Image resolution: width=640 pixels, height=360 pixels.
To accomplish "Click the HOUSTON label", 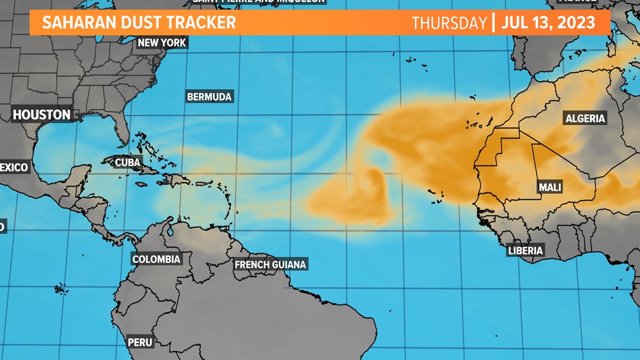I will [x=42, y=115].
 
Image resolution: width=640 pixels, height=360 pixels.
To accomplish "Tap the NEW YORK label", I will [x=162, y=43].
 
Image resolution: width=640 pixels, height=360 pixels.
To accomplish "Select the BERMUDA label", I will [x=209, y=97].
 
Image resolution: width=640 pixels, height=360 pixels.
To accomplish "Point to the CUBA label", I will [x=127, y=162].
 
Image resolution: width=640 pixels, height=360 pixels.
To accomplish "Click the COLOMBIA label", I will [x=156, y=259].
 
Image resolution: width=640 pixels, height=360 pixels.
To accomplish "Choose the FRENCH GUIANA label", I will [x=271, y=264].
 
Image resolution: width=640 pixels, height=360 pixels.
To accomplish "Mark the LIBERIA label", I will [x=525, y=250].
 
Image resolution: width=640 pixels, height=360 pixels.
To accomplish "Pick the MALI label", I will [x=550, y=188].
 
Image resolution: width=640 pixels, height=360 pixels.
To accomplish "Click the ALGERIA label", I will [x=585, y=118].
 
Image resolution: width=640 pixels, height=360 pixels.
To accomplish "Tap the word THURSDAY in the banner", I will [x=449, y=23].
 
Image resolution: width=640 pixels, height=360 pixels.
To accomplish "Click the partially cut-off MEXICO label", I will [x=13, y=167].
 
